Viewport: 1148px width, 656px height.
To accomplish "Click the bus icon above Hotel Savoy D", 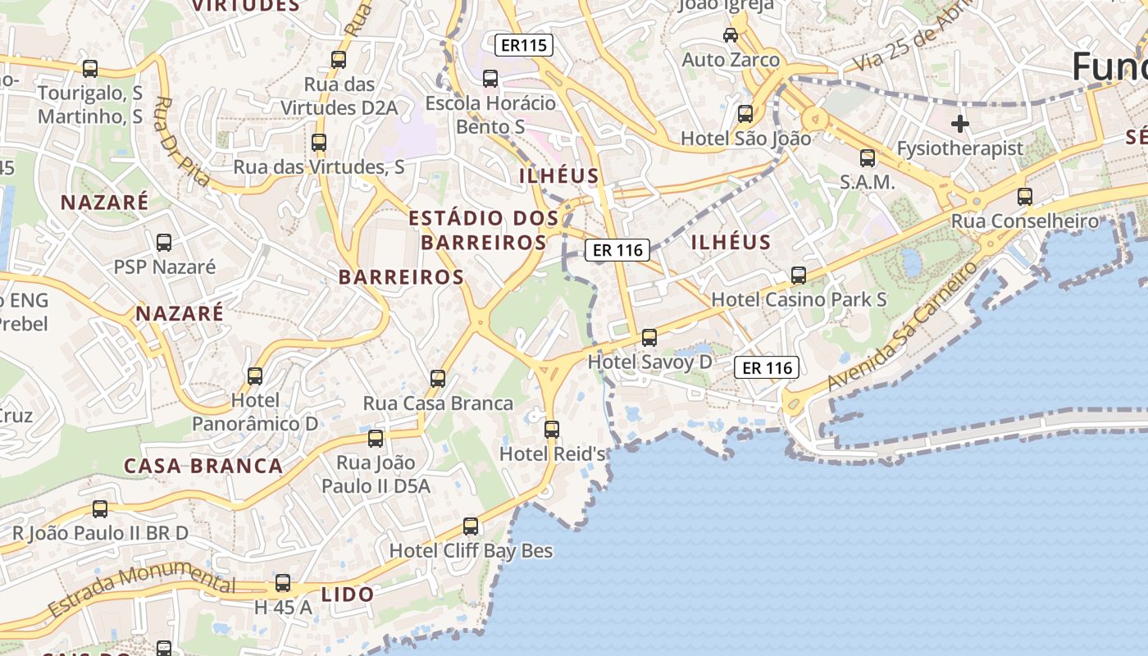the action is tap(649, 337).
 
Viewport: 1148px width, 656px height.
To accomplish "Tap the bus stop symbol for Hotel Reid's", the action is tap(552, 429).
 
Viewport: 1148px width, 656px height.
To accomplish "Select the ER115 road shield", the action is tap(523, 44).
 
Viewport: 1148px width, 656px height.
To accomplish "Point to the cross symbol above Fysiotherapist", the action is tap(960, 125).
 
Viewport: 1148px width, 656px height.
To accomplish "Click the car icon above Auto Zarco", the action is tap(731, 35).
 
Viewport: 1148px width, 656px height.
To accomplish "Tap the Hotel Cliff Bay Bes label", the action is tap(471, 550).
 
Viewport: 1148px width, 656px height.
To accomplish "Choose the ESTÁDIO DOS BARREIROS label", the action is tap(484, 230).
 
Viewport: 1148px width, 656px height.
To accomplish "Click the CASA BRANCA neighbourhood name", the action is tap(203, 466).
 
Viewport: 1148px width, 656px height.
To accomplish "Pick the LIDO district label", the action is tap(348, 594).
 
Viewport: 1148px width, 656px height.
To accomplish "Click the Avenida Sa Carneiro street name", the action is tap(903, 326).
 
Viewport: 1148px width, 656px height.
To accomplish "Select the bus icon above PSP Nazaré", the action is tap(164, 243).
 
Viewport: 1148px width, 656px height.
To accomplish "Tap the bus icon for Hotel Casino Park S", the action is tap(799, 276).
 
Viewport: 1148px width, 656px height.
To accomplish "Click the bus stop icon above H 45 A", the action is tap(283, 583).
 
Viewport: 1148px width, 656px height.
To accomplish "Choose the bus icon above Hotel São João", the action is tap(745, 114).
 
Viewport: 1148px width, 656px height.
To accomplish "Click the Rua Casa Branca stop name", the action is tap(438, 403).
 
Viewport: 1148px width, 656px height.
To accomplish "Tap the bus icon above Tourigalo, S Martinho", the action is tap(90, 69).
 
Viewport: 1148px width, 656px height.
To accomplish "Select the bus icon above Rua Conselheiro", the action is tap(1025, 197).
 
